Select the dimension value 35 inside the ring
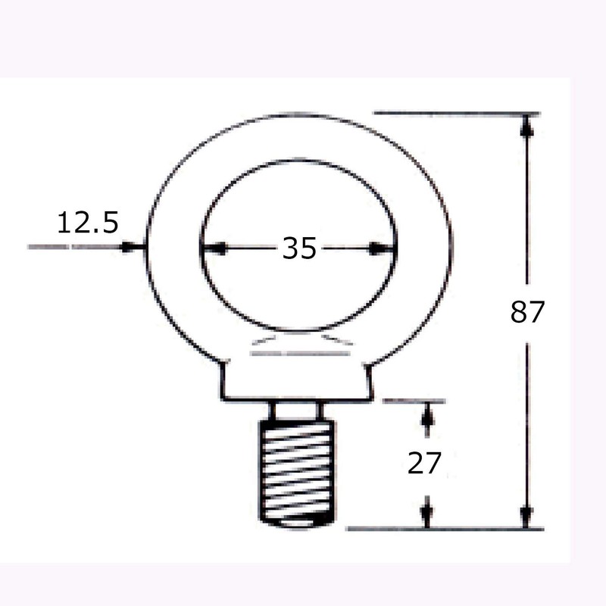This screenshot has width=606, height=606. [x=298, y=248]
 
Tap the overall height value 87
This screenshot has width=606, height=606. [x=527, y=311]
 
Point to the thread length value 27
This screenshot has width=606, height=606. [x=423, y=463]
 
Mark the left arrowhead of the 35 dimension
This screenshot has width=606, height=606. [x=208, y=248]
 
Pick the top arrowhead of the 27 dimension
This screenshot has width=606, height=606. [x=428, y=413]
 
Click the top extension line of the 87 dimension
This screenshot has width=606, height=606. [x=454, y=114]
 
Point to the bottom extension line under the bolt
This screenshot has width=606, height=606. [x=447, y=528]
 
